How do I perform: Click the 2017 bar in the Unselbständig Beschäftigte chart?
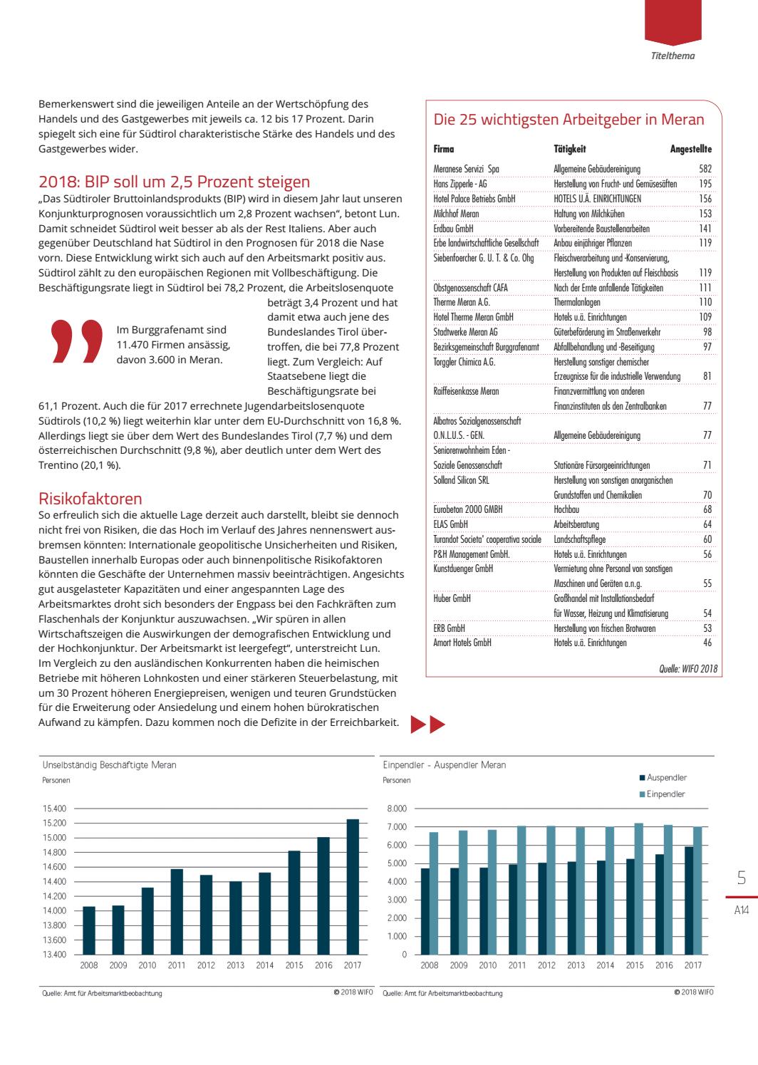click(353, 886)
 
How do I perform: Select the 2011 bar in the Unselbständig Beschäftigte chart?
click(177, 911)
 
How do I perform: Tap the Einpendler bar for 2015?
click(638, 888)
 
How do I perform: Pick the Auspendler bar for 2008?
click(425, 911)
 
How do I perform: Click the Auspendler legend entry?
click(663, 777)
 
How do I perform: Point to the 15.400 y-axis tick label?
click(54, 809)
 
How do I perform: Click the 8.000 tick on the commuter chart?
click(397, 809)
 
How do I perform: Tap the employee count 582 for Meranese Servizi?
click(705, 169)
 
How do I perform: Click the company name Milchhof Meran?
click(456, 214)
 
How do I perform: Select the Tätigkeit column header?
click(570, 149)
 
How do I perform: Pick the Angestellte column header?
click(691, 149)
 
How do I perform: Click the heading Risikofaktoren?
click(90, 498)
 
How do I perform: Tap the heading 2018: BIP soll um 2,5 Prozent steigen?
click(174, 182)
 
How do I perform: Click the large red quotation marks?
click(76, 341)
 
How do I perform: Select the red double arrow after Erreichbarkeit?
click(428, 724)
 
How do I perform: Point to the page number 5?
click(742, 878)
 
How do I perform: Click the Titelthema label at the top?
click(673, 56)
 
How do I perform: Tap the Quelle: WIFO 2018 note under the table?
click(688, 668)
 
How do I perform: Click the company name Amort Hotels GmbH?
click(462, 643)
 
